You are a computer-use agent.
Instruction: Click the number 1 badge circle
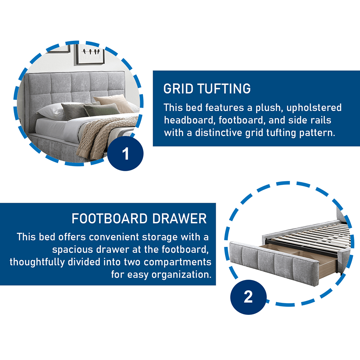[125, 153]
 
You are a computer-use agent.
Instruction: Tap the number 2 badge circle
[248, 297]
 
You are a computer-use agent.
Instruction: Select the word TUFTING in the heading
[224, 89]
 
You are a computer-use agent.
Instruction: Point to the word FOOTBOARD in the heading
[110, 218]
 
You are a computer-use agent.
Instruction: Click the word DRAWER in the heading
[179, 218]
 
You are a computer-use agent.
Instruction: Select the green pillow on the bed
[102, 109]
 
